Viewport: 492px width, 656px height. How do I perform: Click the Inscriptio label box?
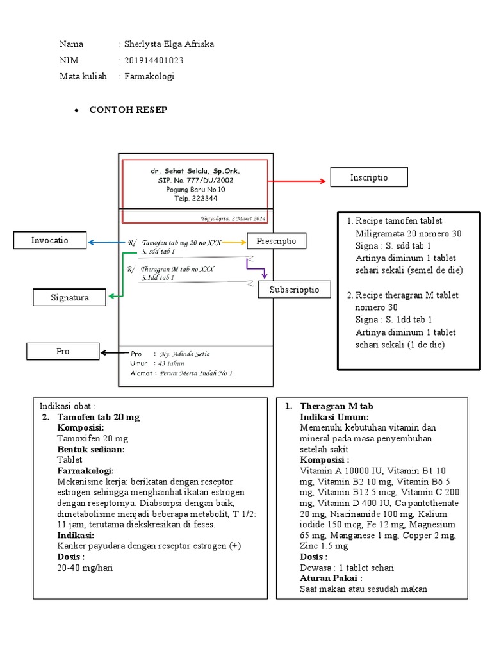[369, 177]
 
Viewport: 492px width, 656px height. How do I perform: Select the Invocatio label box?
[49, 241]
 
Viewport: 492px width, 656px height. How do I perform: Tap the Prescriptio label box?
[276, 241]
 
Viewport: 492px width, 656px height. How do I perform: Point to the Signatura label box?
[70, 297]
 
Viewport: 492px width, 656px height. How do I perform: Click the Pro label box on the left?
[63, 351]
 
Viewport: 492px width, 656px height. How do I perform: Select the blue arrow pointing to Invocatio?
[106, 243]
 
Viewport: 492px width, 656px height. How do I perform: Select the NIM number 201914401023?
[160, 60]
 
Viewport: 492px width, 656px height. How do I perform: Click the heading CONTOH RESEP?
[128, 110]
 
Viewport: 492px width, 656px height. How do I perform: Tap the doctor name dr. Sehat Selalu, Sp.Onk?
[195, 172]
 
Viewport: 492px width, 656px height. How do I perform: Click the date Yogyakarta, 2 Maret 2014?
[233, 218]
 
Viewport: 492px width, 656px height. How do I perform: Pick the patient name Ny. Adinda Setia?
[184, 354]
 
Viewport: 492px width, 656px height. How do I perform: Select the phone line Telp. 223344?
[195, 199]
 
